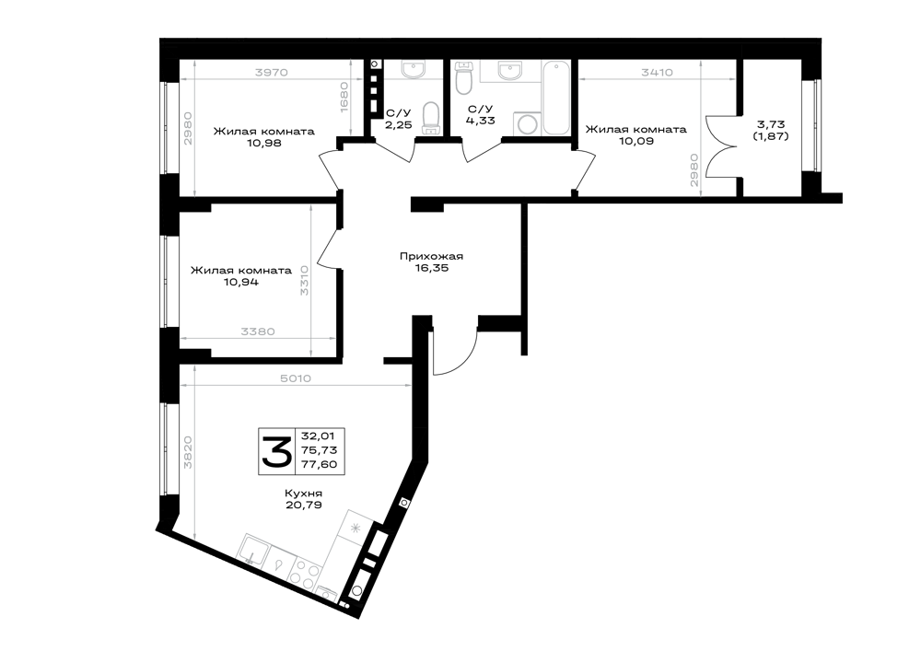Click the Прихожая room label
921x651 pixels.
coord(431,256)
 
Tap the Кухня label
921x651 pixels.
coord(304,494)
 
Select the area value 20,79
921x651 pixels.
coord(304,505)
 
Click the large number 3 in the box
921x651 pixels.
coord(276,451)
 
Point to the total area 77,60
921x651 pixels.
coord(319,464)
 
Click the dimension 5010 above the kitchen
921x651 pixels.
coord(296,378)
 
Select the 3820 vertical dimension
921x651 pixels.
coord(188,452)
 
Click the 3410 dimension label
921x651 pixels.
coord(657,72)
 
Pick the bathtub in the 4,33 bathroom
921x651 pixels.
coord(555,98)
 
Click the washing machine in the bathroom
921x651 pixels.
coord(526,124)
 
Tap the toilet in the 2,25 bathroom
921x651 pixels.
coord(432,118)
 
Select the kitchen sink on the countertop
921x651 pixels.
coord(253,550)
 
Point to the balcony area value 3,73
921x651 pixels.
coord(771,124)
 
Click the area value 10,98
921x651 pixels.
coord(263,143)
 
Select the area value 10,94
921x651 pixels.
coord(240,282)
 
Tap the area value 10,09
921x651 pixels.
coord(636,141)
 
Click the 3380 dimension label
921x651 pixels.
coord(258,331)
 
